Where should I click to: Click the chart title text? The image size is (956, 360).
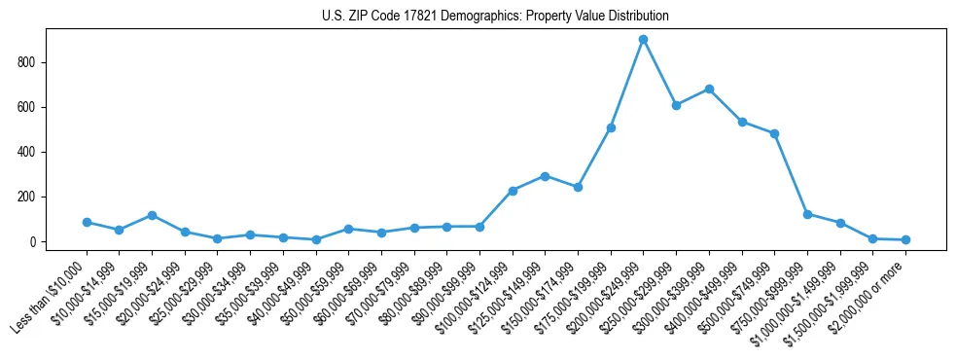click(x=495, y=17)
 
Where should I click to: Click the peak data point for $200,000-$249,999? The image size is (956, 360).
click(x=643, y=39)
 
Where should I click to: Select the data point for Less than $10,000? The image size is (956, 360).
click(x=87, y=222)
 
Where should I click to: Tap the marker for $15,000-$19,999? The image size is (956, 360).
click(x=152, y=215)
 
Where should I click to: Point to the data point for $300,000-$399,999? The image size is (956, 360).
click(x=709, y=89)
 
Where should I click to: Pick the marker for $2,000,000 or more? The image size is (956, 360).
click(x=905, y=239)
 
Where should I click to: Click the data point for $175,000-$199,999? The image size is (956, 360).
click(x=611, y=127)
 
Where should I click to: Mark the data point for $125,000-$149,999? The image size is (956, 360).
click(x=545, y=176)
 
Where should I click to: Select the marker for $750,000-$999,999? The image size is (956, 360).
click(x=807, y=214)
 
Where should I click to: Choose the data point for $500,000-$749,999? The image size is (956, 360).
click(x=774, y=133)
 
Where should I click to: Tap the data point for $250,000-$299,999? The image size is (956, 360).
click(x=676, y=105)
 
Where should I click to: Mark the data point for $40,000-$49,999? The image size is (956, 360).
click(x=316, y=239)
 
